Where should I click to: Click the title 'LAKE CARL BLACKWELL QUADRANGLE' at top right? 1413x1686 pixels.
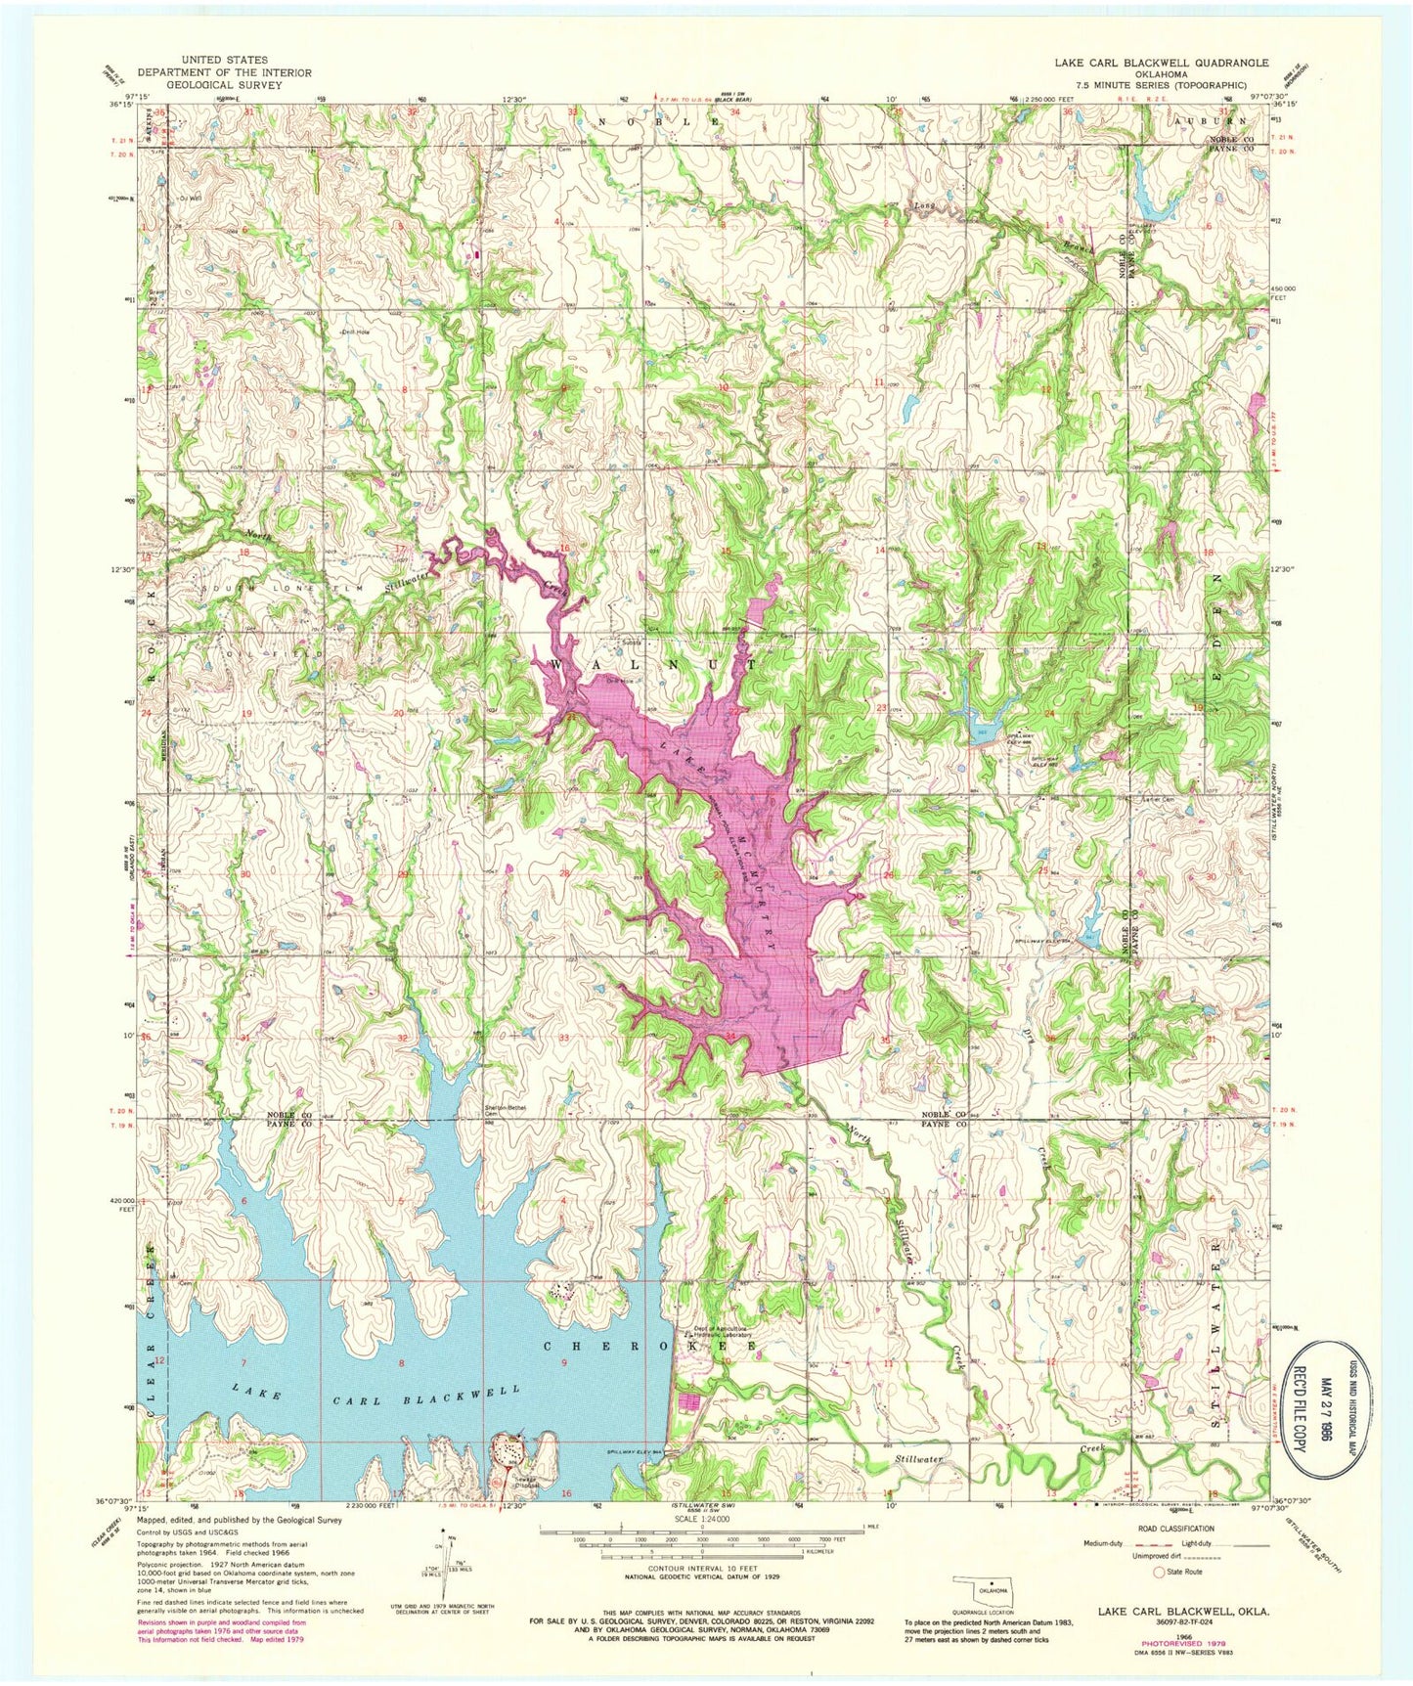[1161, 63]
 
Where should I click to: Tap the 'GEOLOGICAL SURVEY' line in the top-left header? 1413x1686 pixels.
[224, 85]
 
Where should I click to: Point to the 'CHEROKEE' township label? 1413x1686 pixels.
[648, 1347]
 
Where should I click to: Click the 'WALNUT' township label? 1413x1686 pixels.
[654, 663]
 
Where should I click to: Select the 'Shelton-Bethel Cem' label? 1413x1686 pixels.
[506, 1110]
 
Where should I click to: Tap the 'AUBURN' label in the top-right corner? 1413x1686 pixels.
[1216, 121]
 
